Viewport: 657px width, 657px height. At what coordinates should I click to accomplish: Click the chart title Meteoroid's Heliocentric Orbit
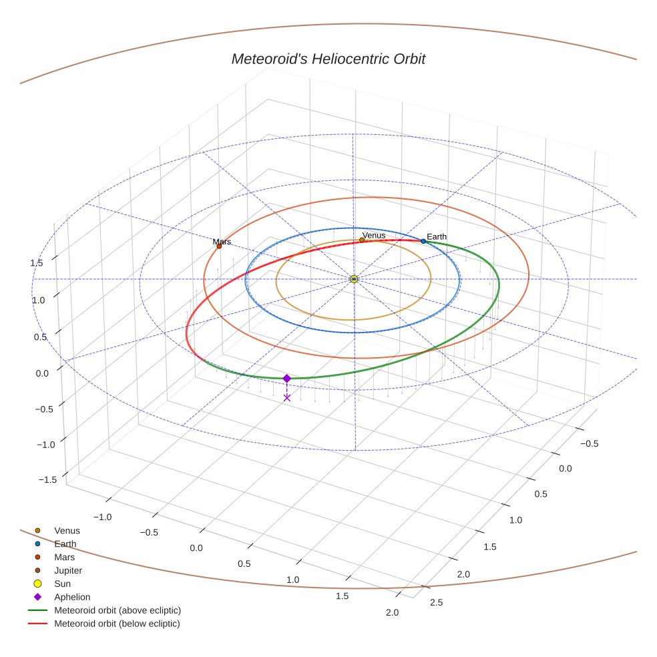point(328,59)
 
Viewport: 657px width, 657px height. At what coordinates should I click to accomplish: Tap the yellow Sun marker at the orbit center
point(354,278)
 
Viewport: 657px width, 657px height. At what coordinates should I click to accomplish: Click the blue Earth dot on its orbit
point(423,241)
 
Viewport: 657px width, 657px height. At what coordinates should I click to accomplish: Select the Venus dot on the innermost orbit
point(362,240)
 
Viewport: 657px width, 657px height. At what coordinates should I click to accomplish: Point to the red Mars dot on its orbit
point(219,246)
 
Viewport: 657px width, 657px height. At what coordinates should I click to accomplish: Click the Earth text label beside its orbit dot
point(437,237)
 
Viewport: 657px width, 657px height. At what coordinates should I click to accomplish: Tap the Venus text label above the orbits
point(374,235)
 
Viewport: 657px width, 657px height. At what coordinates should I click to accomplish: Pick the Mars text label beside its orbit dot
point(222,242)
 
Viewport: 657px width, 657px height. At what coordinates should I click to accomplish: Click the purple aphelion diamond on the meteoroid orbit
point(287,379)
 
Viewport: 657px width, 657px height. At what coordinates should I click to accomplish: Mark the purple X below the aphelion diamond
point(287,397)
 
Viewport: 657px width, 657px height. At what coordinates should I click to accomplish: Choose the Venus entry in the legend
point(66,531)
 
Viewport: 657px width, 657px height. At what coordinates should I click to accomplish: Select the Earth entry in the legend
point(65,544)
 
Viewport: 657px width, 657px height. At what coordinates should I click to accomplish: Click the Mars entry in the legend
point(64,557)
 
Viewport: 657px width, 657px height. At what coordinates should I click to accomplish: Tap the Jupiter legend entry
point(67,571)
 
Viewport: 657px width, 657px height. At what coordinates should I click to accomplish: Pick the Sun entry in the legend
point(62,584)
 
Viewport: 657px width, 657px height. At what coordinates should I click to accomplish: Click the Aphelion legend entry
point(71,597)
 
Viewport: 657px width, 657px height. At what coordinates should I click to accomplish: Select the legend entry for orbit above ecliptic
point(117,610)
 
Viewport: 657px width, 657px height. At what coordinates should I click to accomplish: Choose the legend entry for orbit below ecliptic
point(117,624)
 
